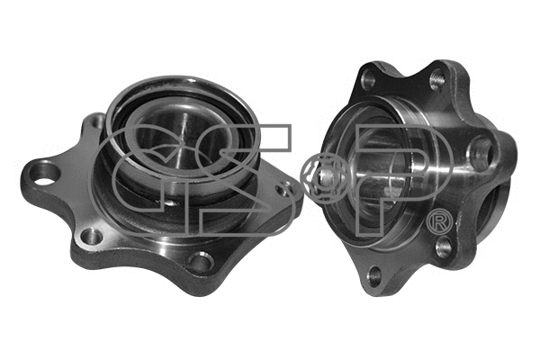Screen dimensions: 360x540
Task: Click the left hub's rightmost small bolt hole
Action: click(x=286, y=189)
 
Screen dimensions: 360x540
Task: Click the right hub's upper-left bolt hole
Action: click(x=368, y=79)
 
